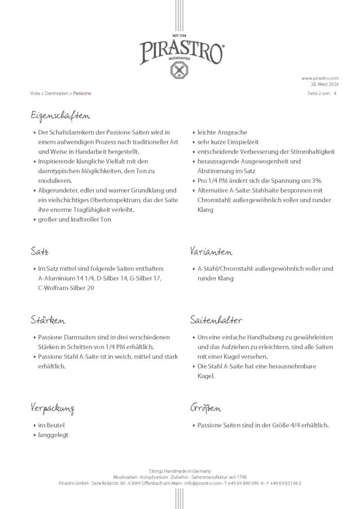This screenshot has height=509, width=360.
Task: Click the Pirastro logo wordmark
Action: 180,51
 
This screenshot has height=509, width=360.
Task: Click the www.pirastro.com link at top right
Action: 320,78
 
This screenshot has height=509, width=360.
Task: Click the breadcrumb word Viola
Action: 35,93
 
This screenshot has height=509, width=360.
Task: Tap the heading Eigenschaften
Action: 59,117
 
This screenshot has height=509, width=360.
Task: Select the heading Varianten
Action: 211,252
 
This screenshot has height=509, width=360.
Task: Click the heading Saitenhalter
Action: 216,321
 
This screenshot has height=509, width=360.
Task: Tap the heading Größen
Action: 206,408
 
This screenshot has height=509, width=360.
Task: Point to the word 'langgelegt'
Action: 53,434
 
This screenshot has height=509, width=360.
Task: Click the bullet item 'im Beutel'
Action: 51,425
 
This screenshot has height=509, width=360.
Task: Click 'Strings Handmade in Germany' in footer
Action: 180,470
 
